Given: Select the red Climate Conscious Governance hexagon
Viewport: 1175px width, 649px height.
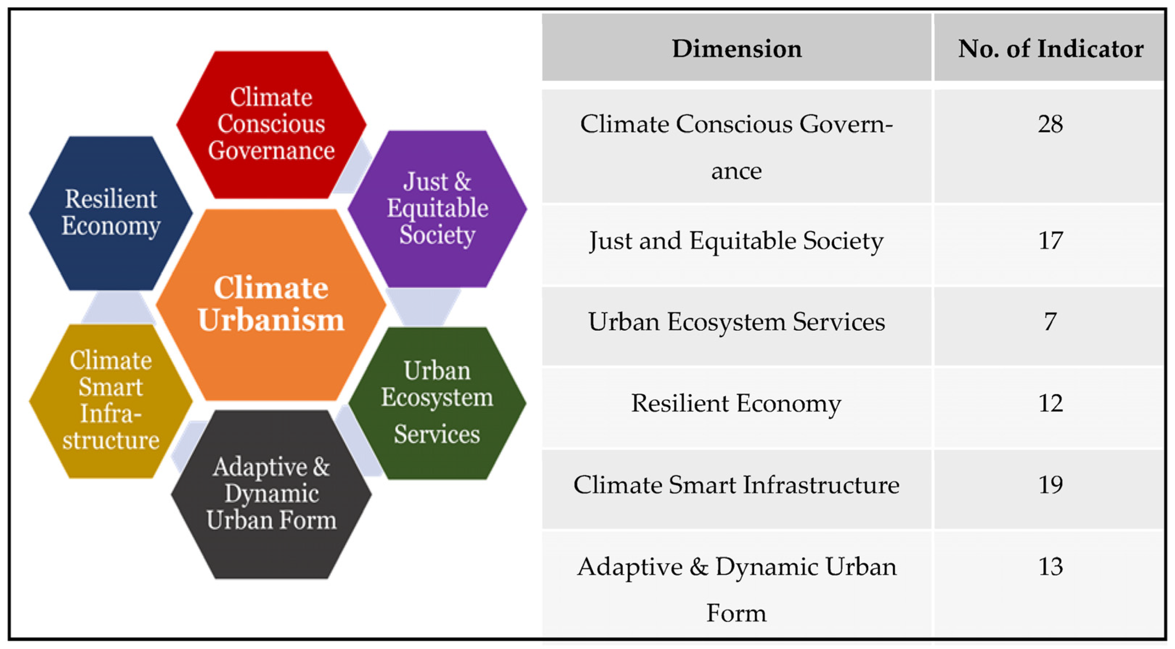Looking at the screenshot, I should (x=271, y=124).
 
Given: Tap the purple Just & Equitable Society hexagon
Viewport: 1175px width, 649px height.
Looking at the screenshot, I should (x=437, y=209).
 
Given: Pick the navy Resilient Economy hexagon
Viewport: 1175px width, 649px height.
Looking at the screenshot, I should (x=111, y=213).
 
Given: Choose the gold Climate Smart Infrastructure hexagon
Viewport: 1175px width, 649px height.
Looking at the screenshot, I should (x=111, y=401).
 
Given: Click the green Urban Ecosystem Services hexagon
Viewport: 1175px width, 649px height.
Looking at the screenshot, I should (x=437, y=402).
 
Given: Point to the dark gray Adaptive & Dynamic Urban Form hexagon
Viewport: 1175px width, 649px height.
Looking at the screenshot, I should (x=271, y=494).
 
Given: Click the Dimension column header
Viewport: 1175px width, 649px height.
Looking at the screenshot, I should (x=737, y=48).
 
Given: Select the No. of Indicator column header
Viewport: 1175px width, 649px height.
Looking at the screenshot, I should (x=1050, y=48).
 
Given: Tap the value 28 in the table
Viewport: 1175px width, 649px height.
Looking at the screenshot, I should (x=1050, y=124).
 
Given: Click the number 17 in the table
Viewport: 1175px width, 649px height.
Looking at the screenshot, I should (x=1050, y=240).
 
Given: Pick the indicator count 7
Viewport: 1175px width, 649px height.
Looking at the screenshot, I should (x=1050, y=322).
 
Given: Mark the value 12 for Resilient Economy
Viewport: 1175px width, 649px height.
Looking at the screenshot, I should (x=1050, y=403).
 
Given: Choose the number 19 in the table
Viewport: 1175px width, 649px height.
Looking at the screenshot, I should (x=1050, y=484).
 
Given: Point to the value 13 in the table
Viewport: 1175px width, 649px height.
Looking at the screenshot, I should (x=1050, y=567).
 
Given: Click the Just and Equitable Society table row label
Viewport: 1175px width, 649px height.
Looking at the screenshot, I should (x=737, y=241).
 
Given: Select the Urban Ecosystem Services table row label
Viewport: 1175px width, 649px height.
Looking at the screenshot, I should (x=737, y=322).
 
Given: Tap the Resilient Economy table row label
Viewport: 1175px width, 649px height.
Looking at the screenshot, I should (x=737, y=404).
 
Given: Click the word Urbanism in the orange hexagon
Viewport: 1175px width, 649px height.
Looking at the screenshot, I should (x=271, y=320).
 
